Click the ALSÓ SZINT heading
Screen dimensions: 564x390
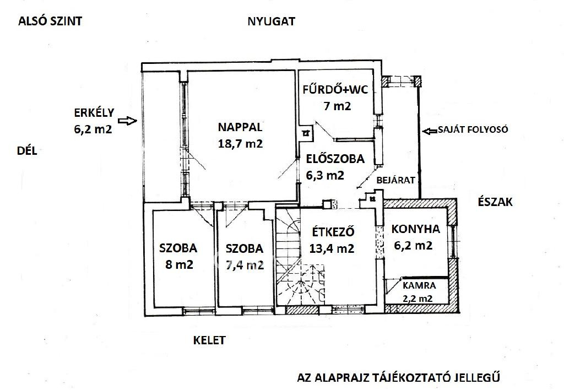50,21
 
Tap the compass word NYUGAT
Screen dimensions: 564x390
271,21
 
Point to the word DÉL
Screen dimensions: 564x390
27,151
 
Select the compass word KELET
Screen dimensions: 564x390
209,340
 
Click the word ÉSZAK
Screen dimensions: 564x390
495,202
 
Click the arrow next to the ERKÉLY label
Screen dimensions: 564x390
128,121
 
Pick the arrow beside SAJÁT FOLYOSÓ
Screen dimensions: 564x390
430,131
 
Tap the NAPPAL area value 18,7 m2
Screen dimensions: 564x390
240,144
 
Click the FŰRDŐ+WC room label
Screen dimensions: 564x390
335,89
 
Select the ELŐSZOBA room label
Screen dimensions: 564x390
335,159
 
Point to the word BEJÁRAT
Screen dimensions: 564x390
395,180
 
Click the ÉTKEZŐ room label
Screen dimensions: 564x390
333,232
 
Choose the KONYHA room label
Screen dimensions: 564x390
415,229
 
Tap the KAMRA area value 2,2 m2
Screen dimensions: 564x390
417,299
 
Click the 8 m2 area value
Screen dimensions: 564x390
179,265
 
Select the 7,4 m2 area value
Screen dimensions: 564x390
245,266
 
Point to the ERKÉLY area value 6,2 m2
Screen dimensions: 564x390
93,129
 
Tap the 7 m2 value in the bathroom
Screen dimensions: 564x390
337,106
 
